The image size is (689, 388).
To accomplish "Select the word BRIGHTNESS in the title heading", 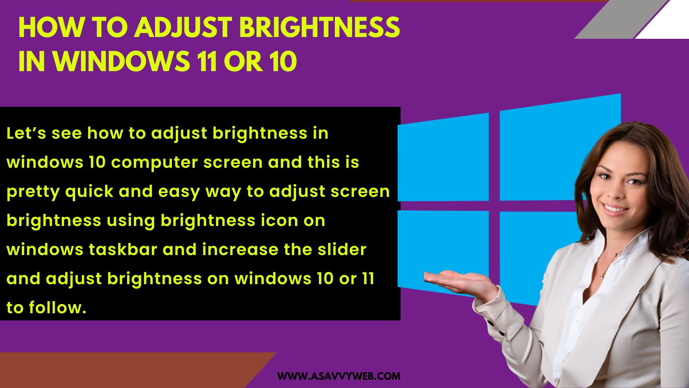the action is pyautogui.click(x=319, y=27).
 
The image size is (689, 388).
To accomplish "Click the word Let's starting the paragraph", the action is pyautogui.click(x=26, y=133).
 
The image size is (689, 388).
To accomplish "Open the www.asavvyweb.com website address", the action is pyautogui.click(x=339, y=376).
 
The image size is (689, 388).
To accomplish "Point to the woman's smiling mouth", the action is pyautogui.click(x=614, y=209).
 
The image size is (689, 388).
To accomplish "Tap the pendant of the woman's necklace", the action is pyautogui.click(x=601, y=276).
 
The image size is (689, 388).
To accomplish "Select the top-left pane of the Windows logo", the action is pyautogui.click(x=443, y=158).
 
